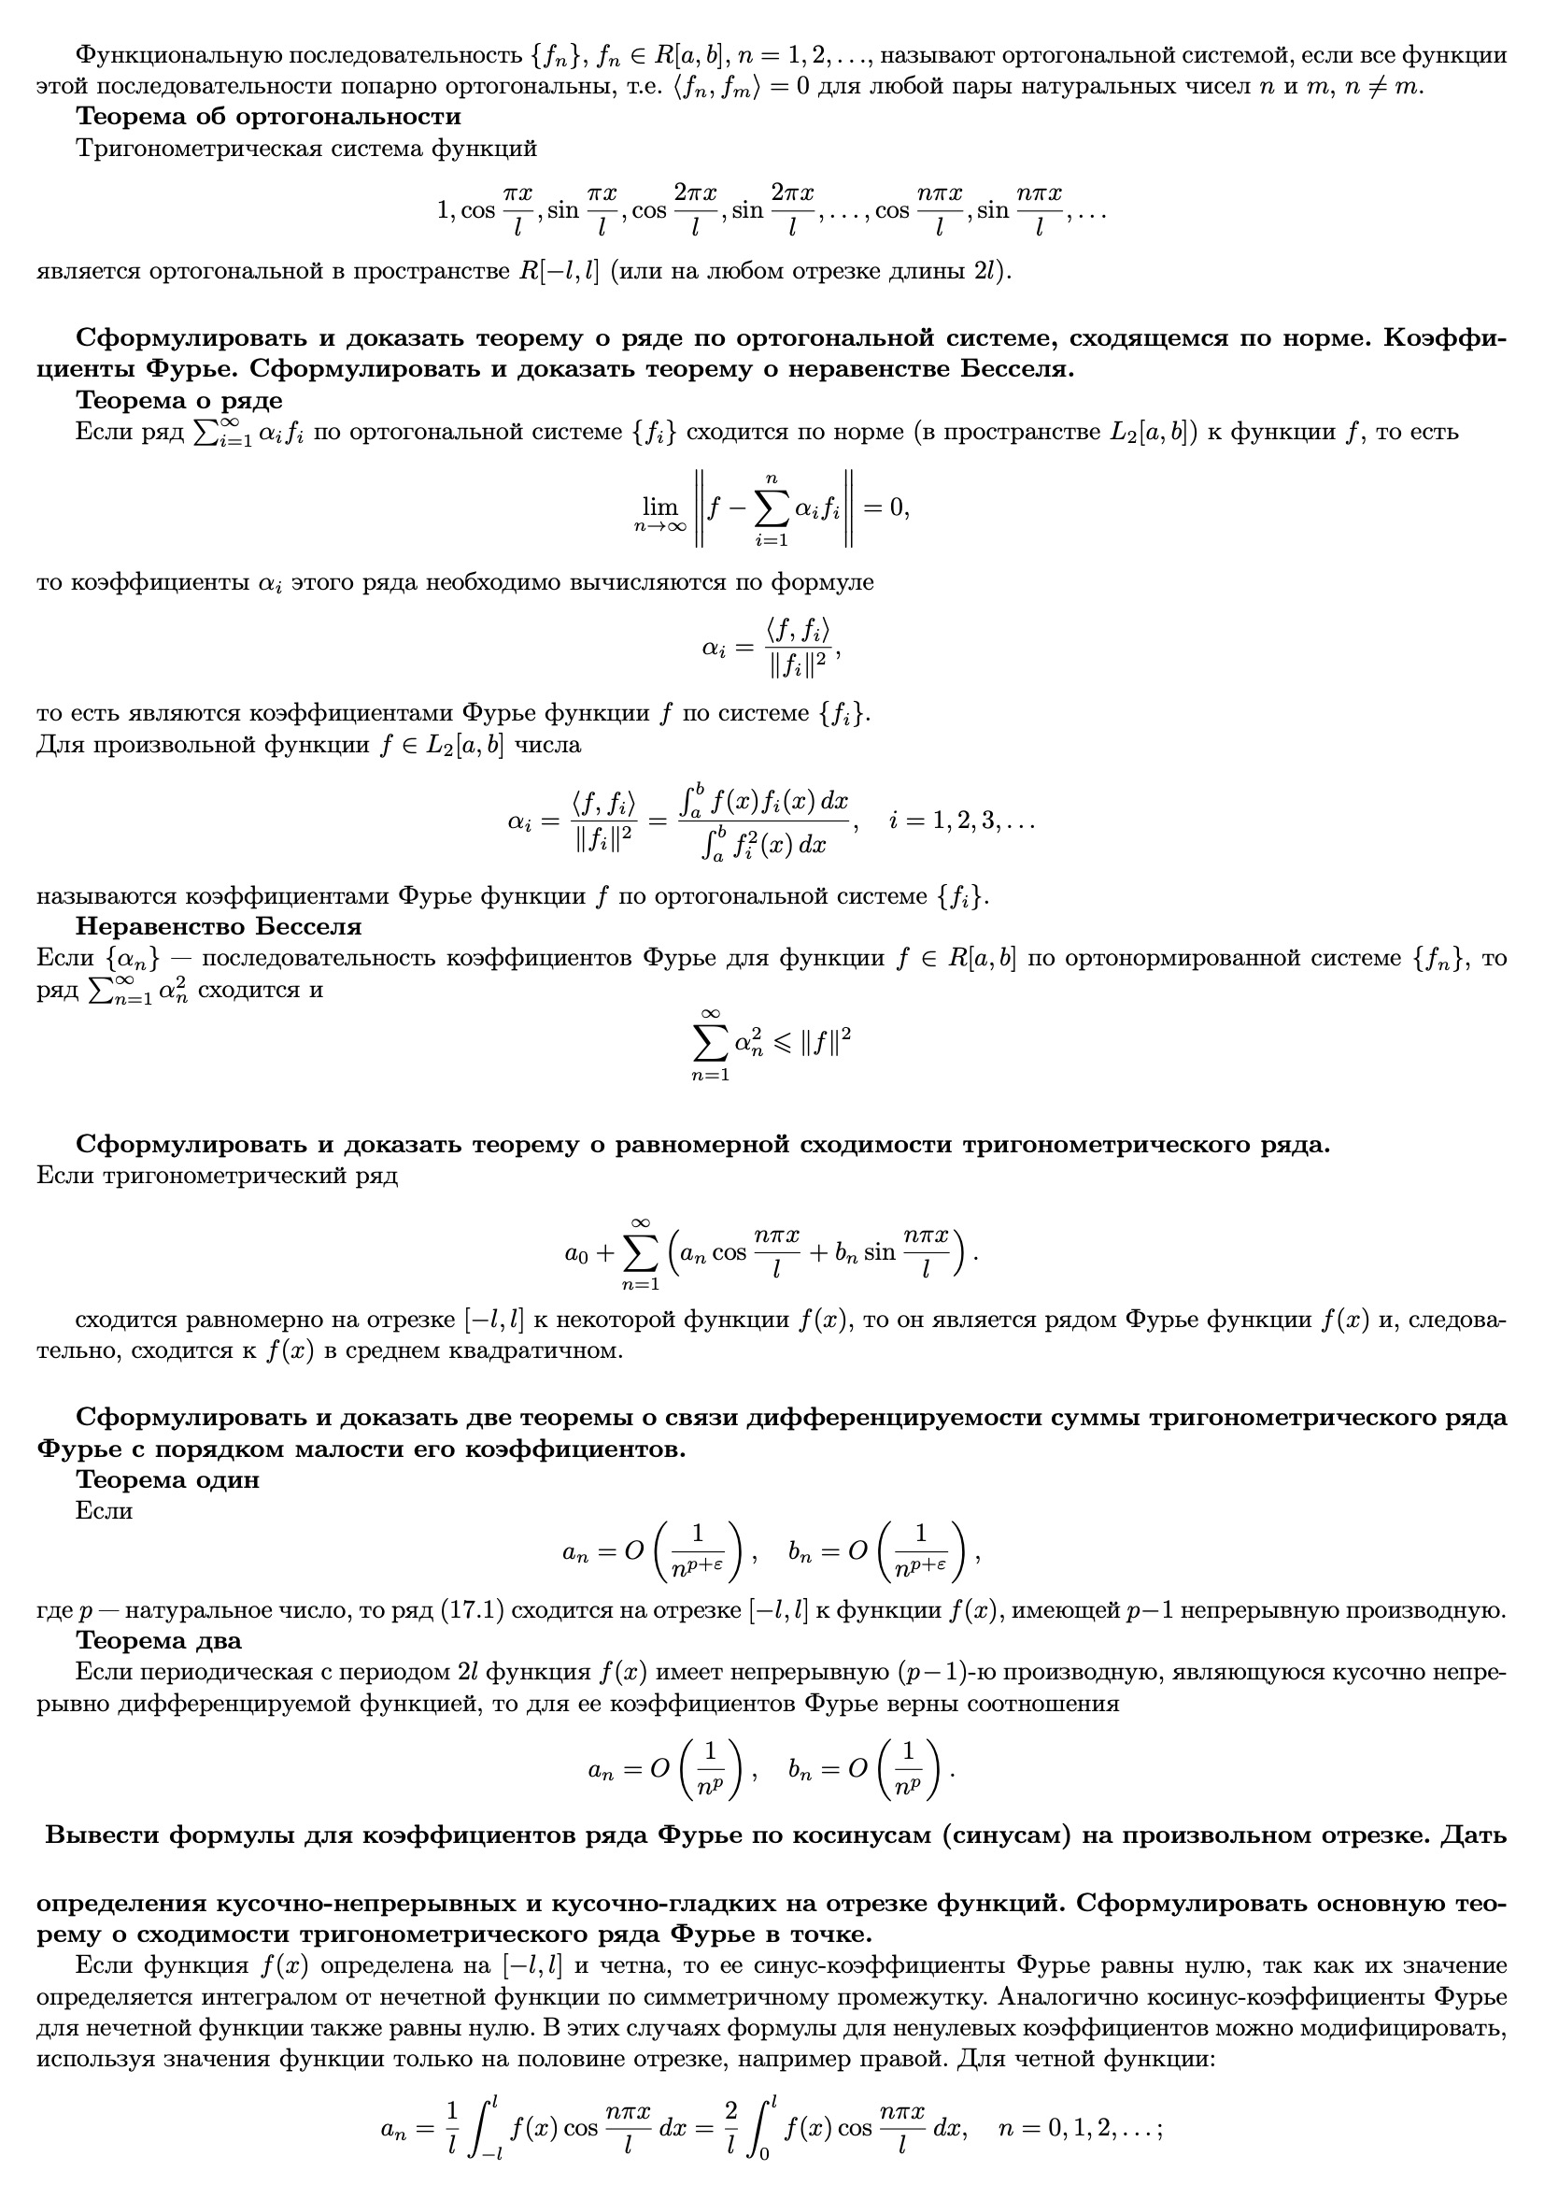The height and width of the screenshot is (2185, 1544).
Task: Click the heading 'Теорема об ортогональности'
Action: (x=268, y=117)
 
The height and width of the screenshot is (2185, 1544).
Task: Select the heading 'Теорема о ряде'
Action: (x=178, y=400)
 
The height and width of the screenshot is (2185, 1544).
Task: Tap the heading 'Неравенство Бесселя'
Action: (x=219, y=926)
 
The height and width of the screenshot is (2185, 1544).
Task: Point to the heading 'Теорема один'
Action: (x=167, y=1479)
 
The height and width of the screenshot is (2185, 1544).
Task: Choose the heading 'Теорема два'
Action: (x=159, y=1640)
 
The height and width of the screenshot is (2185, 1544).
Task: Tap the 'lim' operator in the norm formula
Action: (x=660, y=507)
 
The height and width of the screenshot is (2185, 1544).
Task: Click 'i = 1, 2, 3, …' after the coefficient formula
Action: (x=962, y=821)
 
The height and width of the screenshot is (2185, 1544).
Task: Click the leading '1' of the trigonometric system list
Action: (x=444, y=209)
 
